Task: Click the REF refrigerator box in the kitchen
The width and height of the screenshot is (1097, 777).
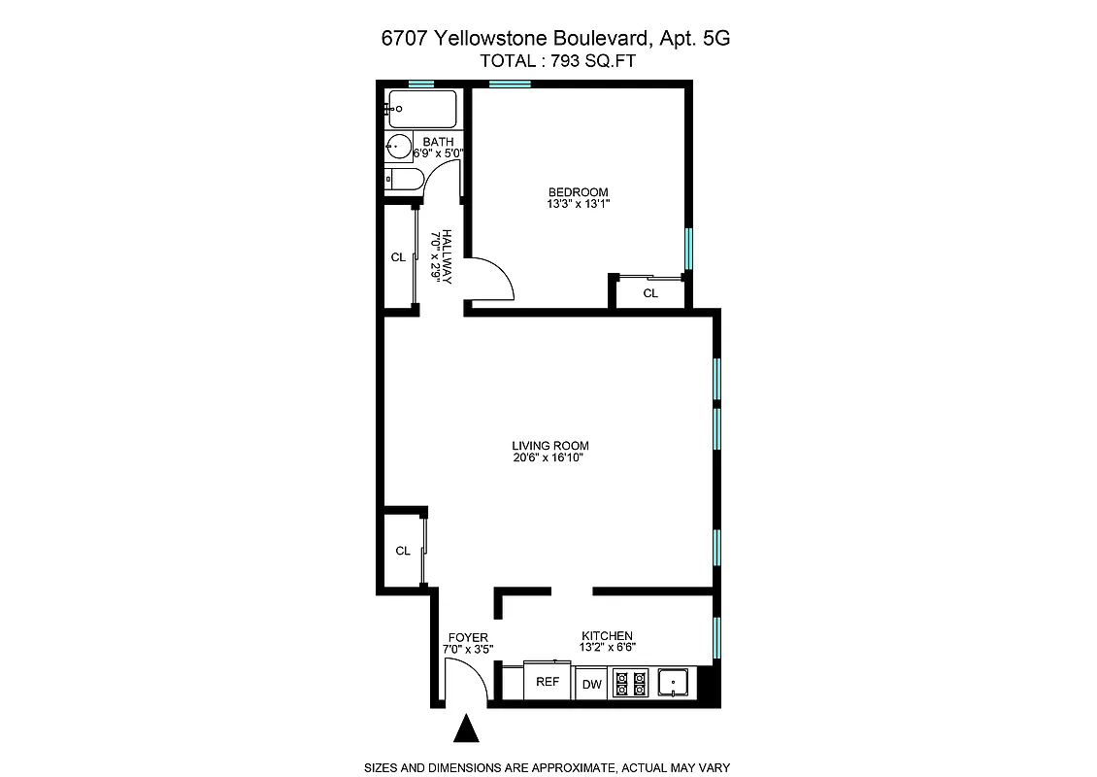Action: [548, 682]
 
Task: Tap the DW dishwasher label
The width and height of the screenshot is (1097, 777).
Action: [592, 685]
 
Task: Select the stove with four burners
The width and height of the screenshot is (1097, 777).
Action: [633, 684]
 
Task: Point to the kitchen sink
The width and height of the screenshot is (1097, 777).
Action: [674, 684]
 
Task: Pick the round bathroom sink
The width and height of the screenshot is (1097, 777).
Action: [399, 149]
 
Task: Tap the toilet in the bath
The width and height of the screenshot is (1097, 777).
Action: [403, 179]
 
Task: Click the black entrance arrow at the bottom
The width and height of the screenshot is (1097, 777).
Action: [467, 728]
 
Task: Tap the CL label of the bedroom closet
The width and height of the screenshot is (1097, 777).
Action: [650, 292]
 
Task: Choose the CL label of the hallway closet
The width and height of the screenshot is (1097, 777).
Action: [398, 257]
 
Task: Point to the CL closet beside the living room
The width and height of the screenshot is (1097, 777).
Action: [403, 551]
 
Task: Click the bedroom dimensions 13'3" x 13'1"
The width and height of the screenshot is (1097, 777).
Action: [578, 204]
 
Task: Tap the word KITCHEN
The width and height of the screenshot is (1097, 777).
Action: [607, 635]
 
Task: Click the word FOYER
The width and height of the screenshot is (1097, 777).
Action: [468, 638]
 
